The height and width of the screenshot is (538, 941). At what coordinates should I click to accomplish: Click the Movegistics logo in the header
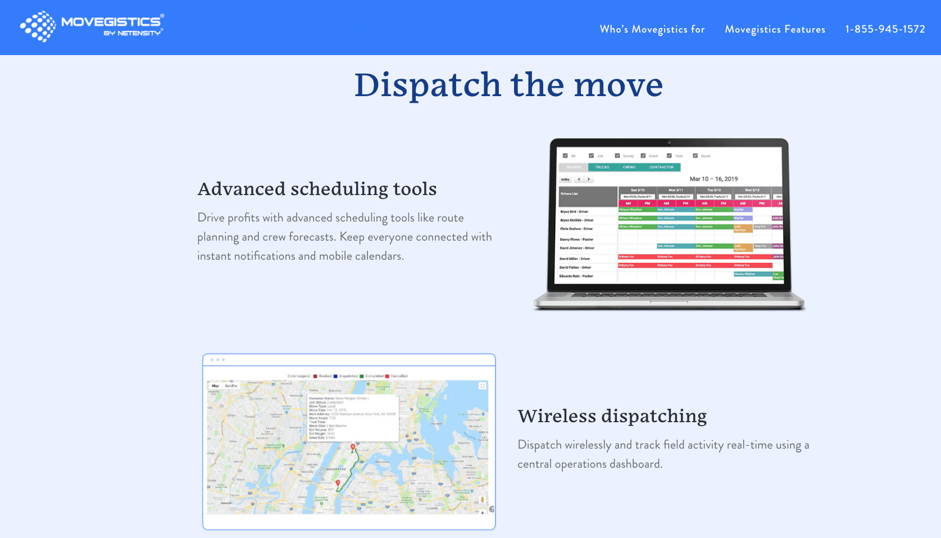tap(92, 26)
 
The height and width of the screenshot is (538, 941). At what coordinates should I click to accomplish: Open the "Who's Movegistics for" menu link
tap(652, 29)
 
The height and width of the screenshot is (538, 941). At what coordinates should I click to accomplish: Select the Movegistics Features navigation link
tap(775, 29)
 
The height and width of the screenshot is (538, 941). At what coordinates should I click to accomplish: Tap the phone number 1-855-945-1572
tap(885, 29)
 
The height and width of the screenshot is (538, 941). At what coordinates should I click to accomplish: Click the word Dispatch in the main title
tap(427, 85)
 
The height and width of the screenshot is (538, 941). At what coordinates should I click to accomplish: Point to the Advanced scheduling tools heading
tap(317, 189)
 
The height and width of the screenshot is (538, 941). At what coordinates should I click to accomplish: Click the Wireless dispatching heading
tap(612, 416)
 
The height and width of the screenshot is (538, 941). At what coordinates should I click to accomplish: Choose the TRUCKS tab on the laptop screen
tap(602, 167)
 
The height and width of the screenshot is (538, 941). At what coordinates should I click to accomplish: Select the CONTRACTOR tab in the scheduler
tap(661, 167)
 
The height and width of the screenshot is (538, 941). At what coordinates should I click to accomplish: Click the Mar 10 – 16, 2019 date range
tap(713, 179)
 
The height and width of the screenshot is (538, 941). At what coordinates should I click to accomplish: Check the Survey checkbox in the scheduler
tap(617, 156)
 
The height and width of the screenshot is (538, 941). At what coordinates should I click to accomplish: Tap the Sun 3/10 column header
tap(638, 190)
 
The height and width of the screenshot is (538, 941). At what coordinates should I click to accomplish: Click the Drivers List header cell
tap(569, 193)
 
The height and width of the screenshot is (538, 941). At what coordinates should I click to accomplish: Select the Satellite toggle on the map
tap(231, 386)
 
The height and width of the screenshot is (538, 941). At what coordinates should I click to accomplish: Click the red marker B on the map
tap(338, 483)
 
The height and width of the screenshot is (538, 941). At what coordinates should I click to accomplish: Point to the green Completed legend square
tap(362, 376)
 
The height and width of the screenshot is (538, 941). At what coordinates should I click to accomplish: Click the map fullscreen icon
tap(482, 386)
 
